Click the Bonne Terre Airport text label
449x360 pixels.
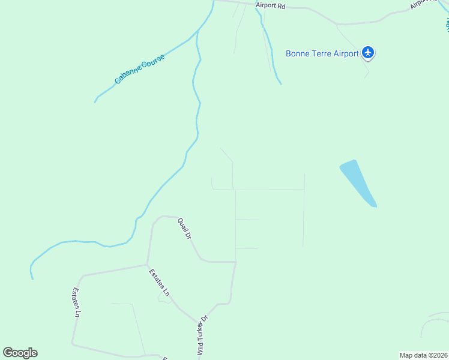point(322,53)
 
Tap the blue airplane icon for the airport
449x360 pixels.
point(369,53)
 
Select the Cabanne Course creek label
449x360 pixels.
point(139,71)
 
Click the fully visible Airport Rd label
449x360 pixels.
point(270,5)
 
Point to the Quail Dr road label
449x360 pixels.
point(184,229)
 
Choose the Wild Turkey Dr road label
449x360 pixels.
point(202,336)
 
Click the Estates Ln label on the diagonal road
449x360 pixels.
point(159,282)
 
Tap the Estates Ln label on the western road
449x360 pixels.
point(76,302)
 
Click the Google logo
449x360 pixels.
point(20,353)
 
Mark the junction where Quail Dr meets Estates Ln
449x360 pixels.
point(148,264)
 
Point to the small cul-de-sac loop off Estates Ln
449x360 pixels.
point(164,297)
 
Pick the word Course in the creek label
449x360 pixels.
point(151,63)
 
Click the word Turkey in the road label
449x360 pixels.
point(202,332)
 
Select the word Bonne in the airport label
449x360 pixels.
point(298,53)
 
